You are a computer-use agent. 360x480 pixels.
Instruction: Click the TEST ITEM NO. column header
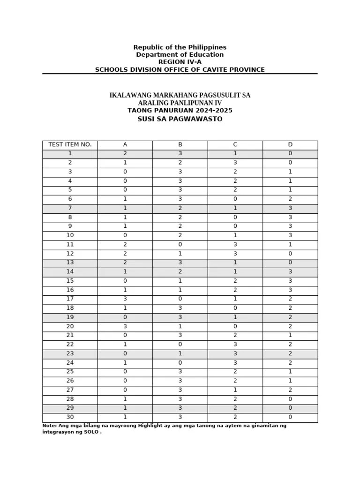pyautogui.click(x=70, y=144)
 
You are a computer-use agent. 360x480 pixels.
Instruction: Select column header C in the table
pyautogui.click(x=235, y=144)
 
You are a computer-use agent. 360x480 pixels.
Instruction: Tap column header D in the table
pyautogui.click(x=290, y=144)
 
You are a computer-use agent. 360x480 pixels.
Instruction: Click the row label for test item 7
pyautogui.click(x=70, y=208)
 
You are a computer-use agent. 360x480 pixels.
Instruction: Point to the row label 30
pyautogui.click(x=70, y=417)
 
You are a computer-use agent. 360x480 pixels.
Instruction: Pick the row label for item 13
pyautogui.click(x=70, y=262)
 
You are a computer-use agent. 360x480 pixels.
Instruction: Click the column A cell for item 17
pyautogui.click(x=125, y=299)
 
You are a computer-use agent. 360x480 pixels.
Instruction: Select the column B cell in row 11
pyautogui.click(x=180, y=244)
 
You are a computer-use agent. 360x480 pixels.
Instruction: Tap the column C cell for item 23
pyautogui.click(x=235, y=353)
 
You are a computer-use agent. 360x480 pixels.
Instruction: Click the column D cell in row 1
pyautogui.click(x=290, y=153)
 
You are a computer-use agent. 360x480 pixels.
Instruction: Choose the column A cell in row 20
pyautogui.click(x=125, y=326)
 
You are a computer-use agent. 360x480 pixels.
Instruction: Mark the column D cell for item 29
pyautogui.click(x=290, y=408)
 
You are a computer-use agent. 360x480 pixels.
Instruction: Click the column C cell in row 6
pyautogui.click(x=235, y=199)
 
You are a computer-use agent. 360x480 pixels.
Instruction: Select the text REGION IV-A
pyautogui.click(x=180, y=62)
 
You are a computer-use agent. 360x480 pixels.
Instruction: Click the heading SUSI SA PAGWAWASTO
pyautogui.click(x=180, y=119)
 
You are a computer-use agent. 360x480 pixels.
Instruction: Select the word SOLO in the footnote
pyautogui.click(x=91, y=432)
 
